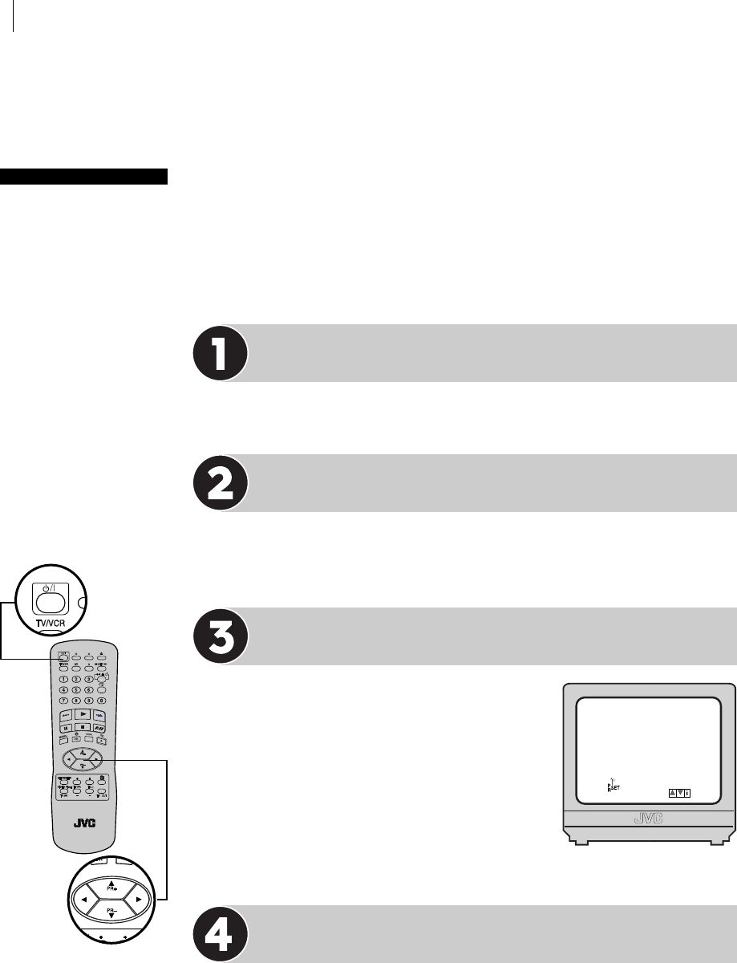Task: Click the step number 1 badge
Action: [x=219, y=353]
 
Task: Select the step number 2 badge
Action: [x=219, y=483]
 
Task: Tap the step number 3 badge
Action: [x=219, y=636]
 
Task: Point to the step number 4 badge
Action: [x=219, y=933]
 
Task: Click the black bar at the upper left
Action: [x=83, y=176]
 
